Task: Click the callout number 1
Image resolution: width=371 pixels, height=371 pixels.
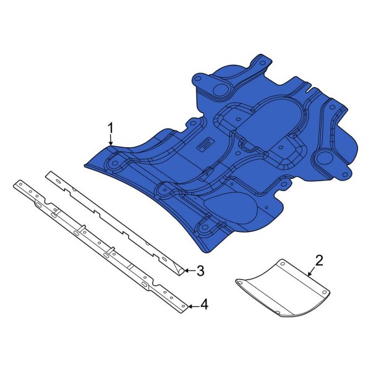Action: tap(111, 129)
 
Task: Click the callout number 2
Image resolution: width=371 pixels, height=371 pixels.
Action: tap(319, 260)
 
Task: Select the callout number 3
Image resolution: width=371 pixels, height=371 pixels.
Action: tap(200, 270)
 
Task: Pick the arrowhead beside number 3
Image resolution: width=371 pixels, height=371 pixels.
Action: tap(187, 270)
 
